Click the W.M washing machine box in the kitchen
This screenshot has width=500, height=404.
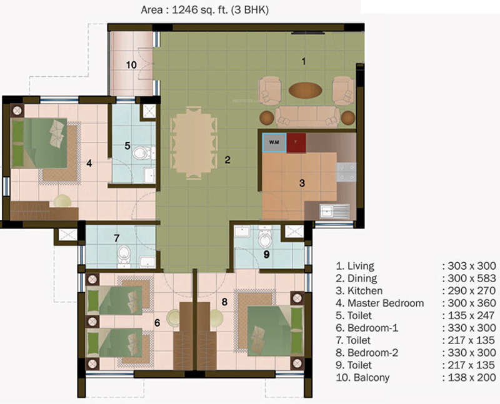(274, 142)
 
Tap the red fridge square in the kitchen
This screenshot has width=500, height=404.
(296, 142)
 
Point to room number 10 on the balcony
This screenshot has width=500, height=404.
(131, 64)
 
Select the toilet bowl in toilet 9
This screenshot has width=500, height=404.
(264, 237)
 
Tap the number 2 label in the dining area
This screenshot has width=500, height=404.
(227, 160)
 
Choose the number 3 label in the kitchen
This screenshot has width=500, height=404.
(301, 183)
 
